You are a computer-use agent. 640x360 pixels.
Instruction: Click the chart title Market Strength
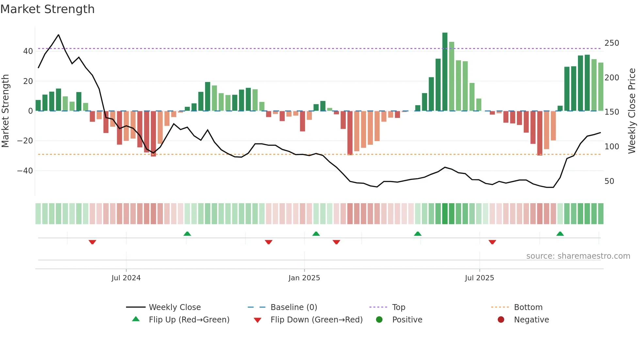coord(47,9)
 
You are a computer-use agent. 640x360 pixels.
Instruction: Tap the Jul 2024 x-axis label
coord(126,278)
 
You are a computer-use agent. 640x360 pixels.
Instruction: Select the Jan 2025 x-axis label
coord(304,278)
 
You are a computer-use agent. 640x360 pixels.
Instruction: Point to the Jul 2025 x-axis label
coord(479,278)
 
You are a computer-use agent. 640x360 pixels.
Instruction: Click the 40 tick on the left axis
coord(28,51)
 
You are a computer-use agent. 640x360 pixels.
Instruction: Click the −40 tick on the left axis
coord(25,171)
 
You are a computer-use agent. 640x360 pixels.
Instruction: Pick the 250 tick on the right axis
coord(612,43)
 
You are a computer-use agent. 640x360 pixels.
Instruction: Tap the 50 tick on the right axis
coord(609,181)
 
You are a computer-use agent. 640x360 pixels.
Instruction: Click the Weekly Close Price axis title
coord(632,111)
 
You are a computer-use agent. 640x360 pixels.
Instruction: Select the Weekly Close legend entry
coord(174,307)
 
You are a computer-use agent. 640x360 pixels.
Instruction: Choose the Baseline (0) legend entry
coord(294,307)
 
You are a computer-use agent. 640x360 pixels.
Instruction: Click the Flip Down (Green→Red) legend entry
coord(316,320)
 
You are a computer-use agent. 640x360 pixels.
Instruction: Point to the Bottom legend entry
coord(528,307)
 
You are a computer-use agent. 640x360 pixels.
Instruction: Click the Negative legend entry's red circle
coord(501,320)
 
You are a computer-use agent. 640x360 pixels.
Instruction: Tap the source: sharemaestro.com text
coord(578,256)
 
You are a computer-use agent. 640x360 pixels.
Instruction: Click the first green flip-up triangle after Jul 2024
coord(187,234)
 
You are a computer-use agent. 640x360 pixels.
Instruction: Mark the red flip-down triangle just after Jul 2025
coord(492,242)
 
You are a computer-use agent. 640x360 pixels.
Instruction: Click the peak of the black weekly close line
coord(58,35)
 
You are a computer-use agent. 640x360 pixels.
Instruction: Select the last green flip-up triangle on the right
coord(560,234)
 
